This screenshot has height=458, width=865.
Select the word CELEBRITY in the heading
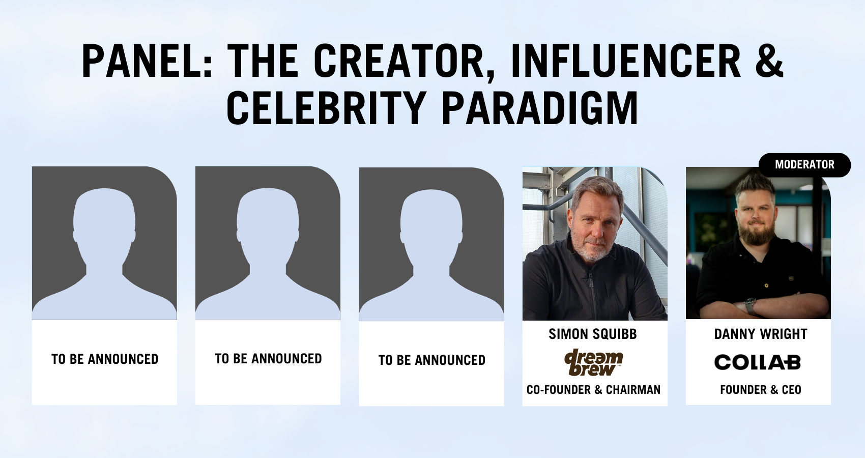coord(326,108)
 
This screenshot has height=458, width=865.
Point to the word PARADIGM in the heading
coord(540,108)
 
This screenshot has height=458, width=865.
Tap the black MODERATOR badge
coord(804,165)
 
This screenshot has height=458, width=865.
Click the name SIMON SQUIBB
coord(593,334)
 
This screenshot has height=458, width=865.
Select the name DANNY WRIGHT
coord(760,334)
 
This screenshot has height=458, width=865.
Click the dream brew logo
coord(593,362)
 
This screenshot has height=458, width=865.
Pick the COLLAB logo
coord(758,362)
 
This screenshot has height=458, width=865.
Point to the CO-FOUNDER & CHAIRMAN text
coord(593,390)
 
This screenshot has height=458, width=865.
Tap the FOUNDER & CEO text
coord(761,390)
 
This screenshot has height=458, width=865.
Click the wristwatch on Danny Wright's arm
coord(749,305)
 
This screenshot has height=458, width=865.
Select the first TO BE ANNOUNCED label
coord(105,359)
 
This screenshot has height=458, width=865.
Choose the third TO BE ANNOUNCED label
coord(431,360)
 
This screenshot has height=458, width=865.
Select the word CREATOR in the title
coord(399,61)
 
